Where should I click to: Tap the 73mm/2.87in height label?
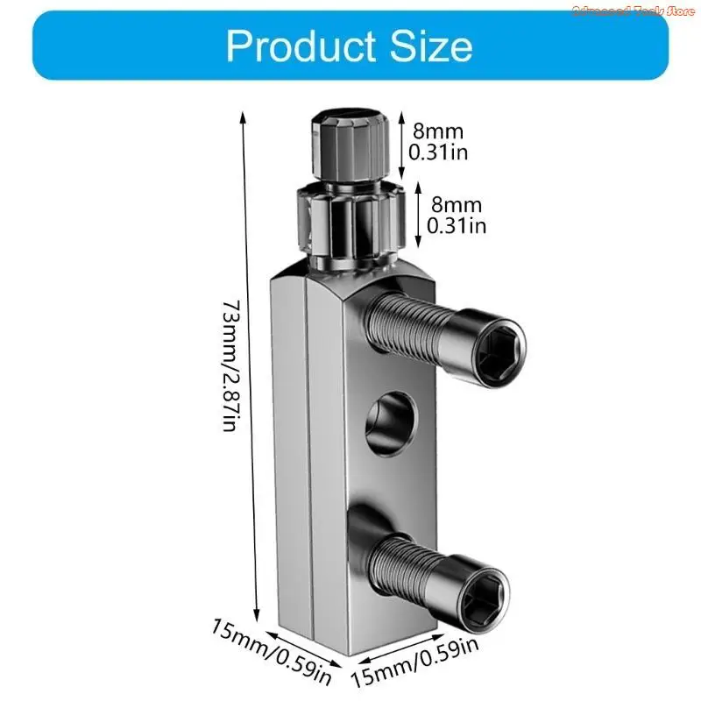click(230, 365)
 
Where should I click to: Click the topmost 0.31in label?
click(438, 152)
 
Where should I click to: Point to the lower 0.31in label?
click(456, 225)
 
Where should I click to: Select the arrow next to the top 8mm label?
click(400, 140)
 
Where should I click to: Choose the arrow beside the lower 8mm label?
click(418, 214)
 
